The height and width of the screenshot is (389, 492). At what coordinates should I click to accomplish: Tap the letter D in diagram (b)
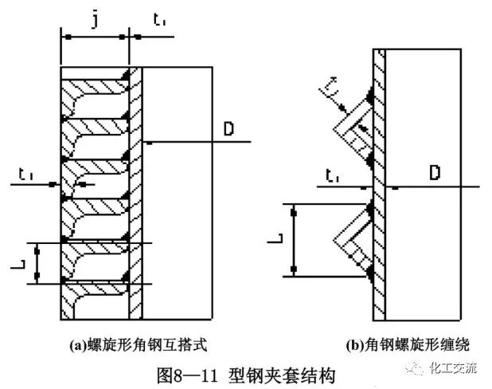[435, 171]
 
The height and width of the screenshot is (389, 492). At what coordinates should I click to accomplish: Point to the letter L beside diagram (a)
[23, 261]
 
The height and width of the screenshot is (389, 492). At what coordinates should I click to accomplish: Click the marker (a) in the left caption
[77, 346]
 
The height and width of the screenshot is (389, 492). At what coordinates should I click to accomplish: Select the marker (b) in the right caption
[355, 346]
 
